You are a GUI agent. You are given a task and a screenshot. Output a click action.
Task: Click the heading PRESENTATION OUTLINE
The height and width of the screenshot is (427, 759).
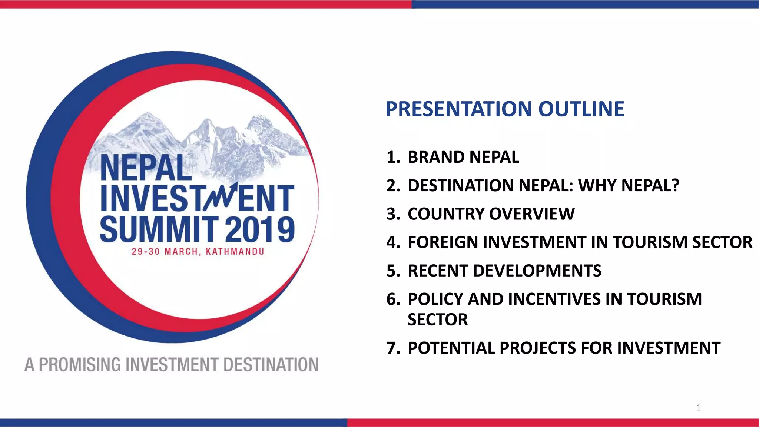point(505,109)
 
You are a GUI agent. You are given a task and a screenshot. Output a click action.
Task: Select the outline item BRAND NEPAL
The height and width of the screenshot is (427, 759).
point(463,157)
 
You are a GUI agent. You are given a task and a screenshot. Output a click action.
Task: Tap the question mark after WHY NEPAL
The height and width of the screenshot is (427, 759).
point(675,185)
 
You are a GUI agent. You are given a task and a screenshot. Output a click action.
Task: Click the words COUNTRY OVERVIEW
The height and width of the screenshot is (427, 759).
point(491,214)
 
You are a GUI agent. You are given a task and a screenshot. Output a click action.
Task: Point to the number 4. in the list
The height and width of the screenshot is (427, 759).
point(393,242)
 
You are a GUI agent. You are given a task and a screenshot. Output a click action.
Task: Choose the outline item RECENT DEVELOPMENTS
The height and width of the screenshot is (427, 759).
point(504,271)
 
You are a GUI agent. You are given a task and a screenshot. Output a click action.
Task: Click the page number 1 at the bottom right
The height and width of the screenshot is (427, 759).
point(699,408)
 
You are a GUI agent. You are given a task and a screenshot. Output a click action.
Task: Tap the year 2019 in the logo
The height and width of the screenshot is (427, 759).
point(260,230)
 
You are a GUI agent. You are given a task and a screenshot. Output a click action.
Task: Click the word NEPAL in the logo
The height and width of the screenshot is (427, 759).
point(146,168)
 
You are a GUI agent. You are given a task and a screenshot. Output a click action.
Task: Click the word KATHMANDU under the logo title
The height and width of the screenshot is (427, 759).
point(235,252)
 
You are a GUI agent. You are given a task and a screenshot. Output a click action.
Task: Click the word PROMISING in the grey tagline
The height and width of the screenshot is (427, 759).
point(80,365)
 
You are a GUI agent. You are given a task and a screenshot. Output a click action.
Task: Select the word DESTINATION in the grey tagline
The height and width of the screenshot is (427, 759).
point(271,365)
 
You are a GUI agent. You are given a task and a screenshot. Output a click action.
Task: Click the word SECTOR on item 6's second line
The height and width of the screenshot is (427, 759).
point(438,320)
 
